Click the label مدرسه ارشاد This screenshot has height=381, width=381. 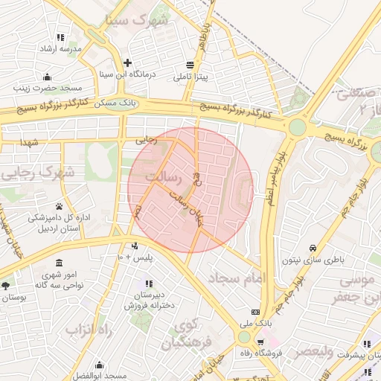pyautogui.click(x=60, y=48)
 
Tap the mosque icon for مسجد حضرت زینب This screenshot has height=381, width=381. pyautogui.click(x=48, y=76)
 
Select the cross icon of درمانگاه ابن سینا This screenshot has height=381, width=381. pyautogui.click(x=128, y=63)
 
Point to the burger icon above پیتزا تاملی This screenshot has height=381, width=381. pyautogui.click(x=191, y=65)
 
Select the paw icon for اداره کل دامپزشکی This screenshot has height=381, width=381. pyautogui.click(x=59, y=206)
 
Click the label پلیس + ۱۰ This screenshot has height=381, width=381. pyautogui.click(x=135, y=257)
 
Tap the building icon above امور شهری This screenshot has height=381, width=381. pyautogui.click(x=59, y=263)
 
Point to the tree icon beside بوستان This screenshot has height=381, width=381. pyautogui.click(x=6, y=285)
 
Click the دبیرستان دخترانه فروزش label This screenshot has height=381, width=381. pyautogui.click(x=150, y=299)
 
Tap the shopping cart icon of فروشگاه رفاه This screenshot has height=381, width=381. pyautogui.click(x=260, y=342)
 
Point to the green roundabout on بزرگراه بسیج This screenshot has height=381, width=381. pyautogui.click(x=298, y=127)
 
